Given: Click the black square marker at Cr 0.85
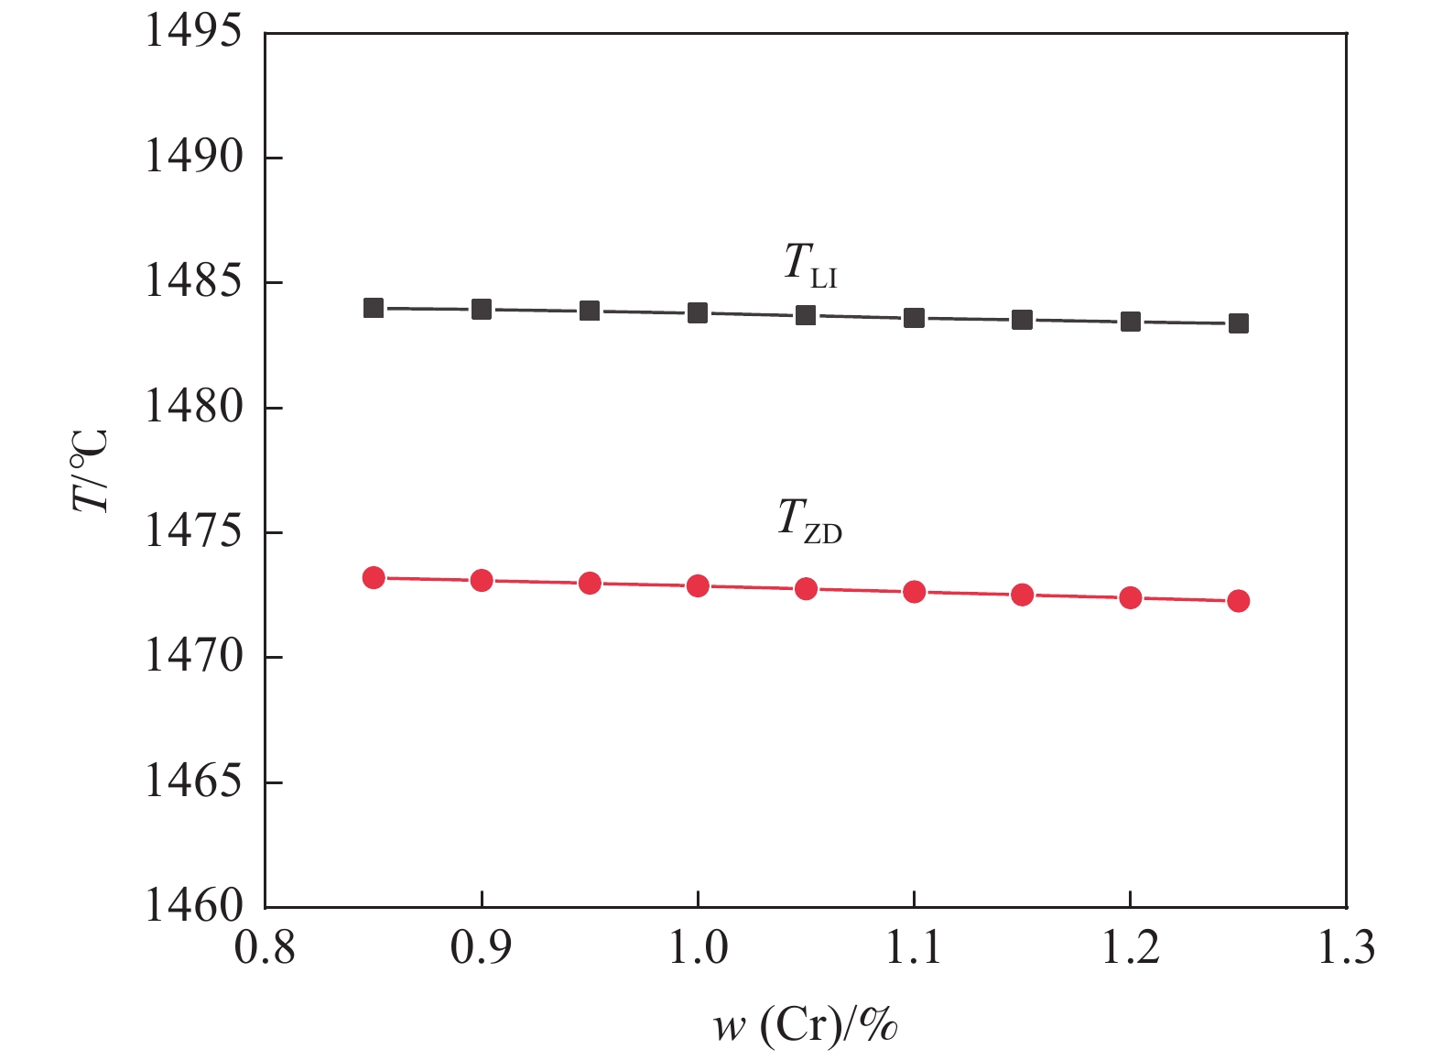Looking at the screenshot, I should pyautogui.click(x=374, y=308).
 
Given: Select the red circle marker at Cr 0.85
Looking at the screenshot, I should pyautogui.click(x=374, y=577).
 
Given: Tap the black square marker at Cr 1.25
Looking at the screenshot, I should pyautogui.click(x=1238, y=323).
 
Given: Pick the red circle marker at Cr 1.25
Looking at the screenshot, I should pyautogui.click(x=1238, y=601).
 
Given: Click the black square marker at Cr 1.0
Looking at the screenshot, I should pyautogui.click(x=698, y=313).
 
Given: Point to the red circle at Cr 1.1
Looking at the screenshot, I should pyautogui.click(x=914, y=592).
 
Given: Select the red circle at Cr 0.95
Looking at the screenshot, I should pyautogui.click(x=590, y=583).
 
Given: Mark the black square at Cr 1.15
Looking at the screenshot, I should pyautogui.click(x=1022, y=320).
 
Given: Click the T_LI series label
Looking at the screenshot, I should pyautogui.click(x=810, y=265).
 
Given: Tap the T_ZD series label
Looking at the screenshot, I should pyautogui.click(x=809, y=520).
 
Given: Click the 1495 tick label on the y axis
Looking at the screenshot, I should pyautogui.click(x=193, y=32).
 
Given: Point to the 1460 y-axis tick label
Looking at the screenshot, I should pyautogui.click(x=193, y=906).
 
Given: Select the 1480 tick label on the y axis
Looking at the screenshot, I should pyautogui.click(x=193, y=407).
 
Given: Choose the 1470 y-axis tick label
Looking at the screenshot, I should pyautogui.click(x=193, y=657).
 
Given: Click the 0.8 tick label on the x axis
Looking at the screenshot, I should pyautogui.click(x=266, y=948).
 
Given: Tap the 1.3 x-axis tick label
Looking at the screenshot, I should pyautogui.click(x=1346, y=948).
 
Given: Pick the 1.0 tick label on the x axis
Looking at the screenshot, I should pyautogui.click(x=698, y=948).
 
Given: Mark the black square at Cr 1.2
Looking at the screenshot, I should pyautogui.click(x=1130, y=322).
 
